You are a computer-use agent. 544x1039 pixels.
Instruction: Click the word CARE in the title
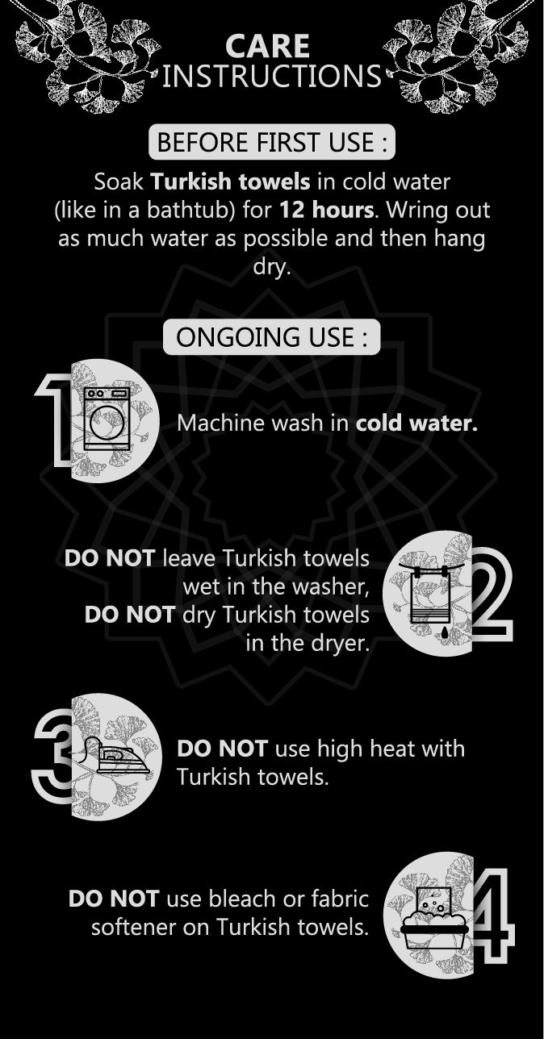tap(267, 47)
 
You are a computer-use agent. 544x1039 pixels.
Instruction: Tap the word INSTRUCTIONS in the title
tap(271, 76)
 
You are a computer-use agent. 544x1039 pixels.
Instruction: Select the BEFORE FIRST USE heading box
tap(272, 142)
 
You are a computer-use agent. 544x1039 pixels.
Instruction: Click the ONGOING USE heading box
tap(271, 336)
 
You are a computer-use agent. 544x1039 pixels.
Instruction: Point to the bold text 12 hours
tap(326, 210)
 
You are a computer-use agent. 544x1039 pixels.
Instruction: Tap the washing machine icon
tap(107, 419)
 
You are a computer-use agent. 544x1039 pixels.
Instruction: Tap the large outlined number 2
tap(492, 595)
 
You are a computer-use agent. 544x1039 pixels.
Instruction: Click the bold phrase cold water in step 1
tap(416, 424)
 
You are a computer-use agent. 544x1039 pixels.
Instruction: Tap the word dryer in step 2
tap(344, 644)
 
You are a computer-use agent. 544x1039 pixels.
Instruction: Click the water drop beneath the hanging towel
tap(446, 632)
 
